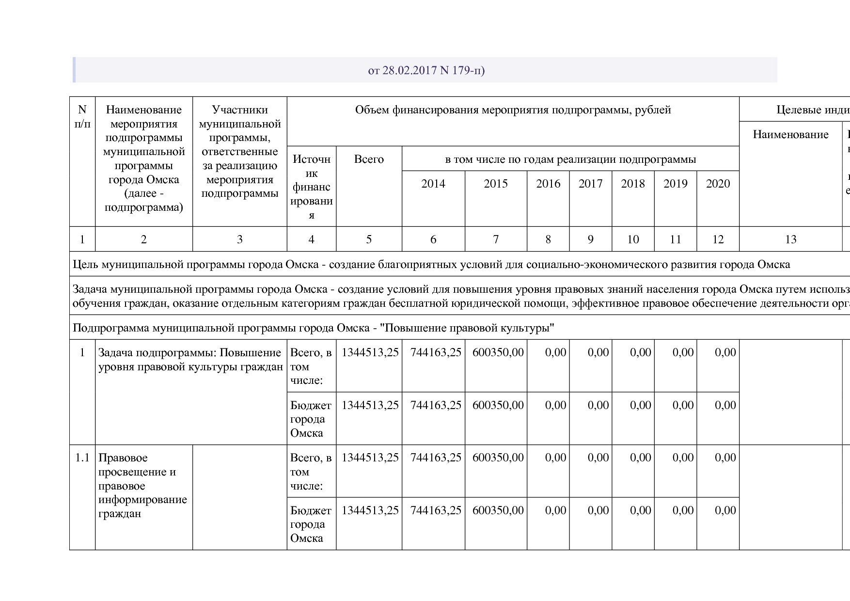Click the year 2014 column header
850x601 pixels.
(433, 184)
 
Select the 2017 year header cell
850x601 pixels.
(590, 184)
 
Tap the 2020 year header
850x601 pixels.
(718, 184)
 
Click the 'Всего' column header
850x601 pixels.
(369, 159)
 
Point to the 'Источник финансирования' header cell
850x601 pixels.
(311, 187)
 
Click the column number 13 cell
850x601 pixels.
(790, 239)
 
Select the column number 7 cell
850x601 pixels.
(495, 239)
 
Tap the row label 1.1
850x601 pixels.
(82, 458)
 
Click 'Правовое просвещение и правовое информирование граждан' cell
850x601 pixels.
(142, 486)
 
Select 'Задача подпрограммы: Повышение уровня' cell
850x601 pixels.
(189, 360)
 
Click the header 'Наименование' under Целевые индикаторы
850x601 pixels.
(790, 135)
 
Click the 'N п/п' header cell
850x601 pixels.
(82, 117)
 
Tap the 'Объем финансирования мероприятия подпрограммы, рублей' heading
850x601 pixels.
(513, 110)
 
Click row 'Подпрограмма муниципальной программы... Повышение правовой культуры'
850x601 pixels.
(314, 328)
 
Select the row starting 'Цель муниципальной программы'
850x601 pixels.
(431, 265)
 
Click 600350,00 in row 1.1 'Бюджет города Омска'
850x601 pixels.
(498, 510)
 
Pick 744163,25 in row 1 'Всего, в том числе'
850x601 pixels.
(435, 353)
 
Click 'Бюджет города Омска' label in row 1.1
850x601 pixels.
(311, 524)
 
